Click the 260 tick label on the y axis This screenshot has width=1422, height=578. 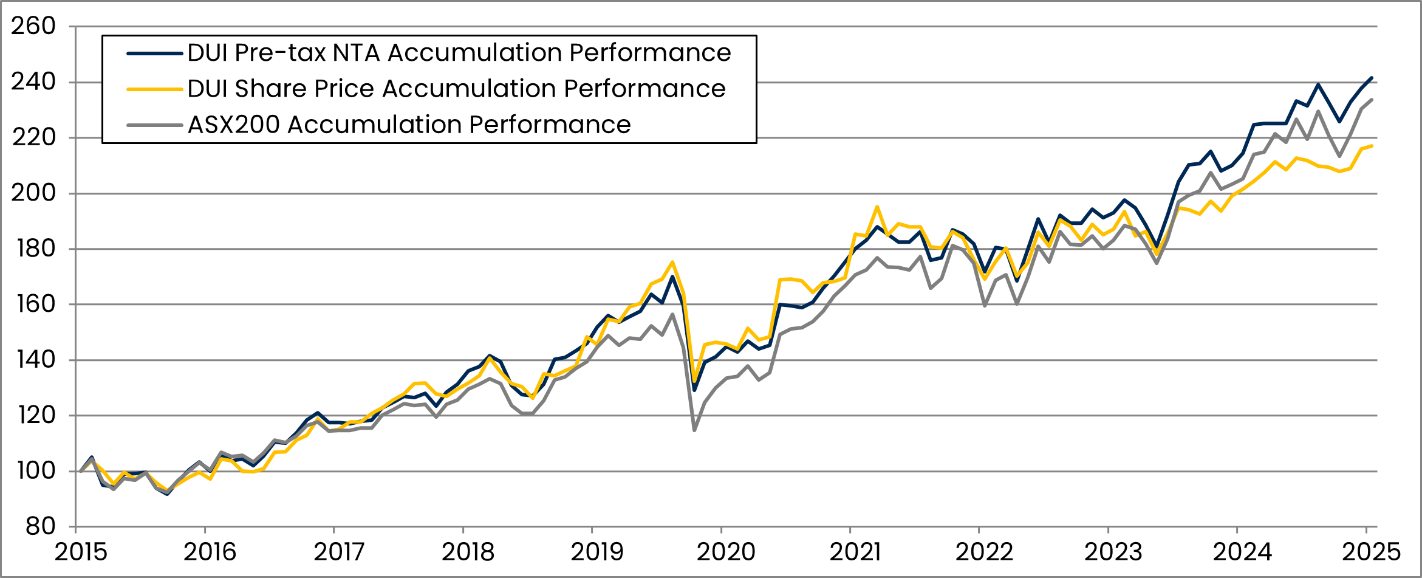33,26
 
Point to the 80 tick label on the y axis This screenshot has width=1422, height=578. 41,526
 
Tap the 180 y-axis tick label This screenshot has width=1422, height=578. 33,249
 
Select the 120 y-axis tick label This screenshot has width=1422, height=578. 33,415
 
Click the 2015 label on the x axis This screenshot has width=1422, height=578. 81,552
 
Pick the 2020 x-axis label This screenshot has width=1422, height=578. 726,552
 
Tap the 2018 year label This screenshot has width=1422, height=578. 468,552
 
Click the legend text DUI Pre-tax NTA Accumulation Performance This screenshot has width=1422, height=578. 459,53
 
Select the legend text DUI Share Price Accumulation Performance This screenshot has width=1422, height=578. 456,89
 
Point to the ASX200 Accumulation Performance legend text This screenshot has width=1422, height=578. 409,125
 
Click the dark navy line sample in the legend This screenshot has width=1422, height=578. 155,53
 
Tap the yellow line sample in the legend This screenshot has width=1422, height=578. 155,89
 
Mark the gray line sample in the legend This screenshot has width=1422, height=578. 155,125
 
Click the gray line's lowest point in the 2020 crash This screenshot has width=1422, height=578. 694,430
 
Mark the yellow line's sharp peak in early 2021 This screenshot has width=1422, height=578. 877,207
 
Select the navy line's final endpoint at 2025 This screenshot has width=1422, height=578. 1372,78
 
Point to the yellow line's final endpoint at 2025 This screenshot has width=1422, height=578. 1372,146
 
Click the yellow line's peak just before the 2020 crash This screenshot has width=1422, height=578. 672,262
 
